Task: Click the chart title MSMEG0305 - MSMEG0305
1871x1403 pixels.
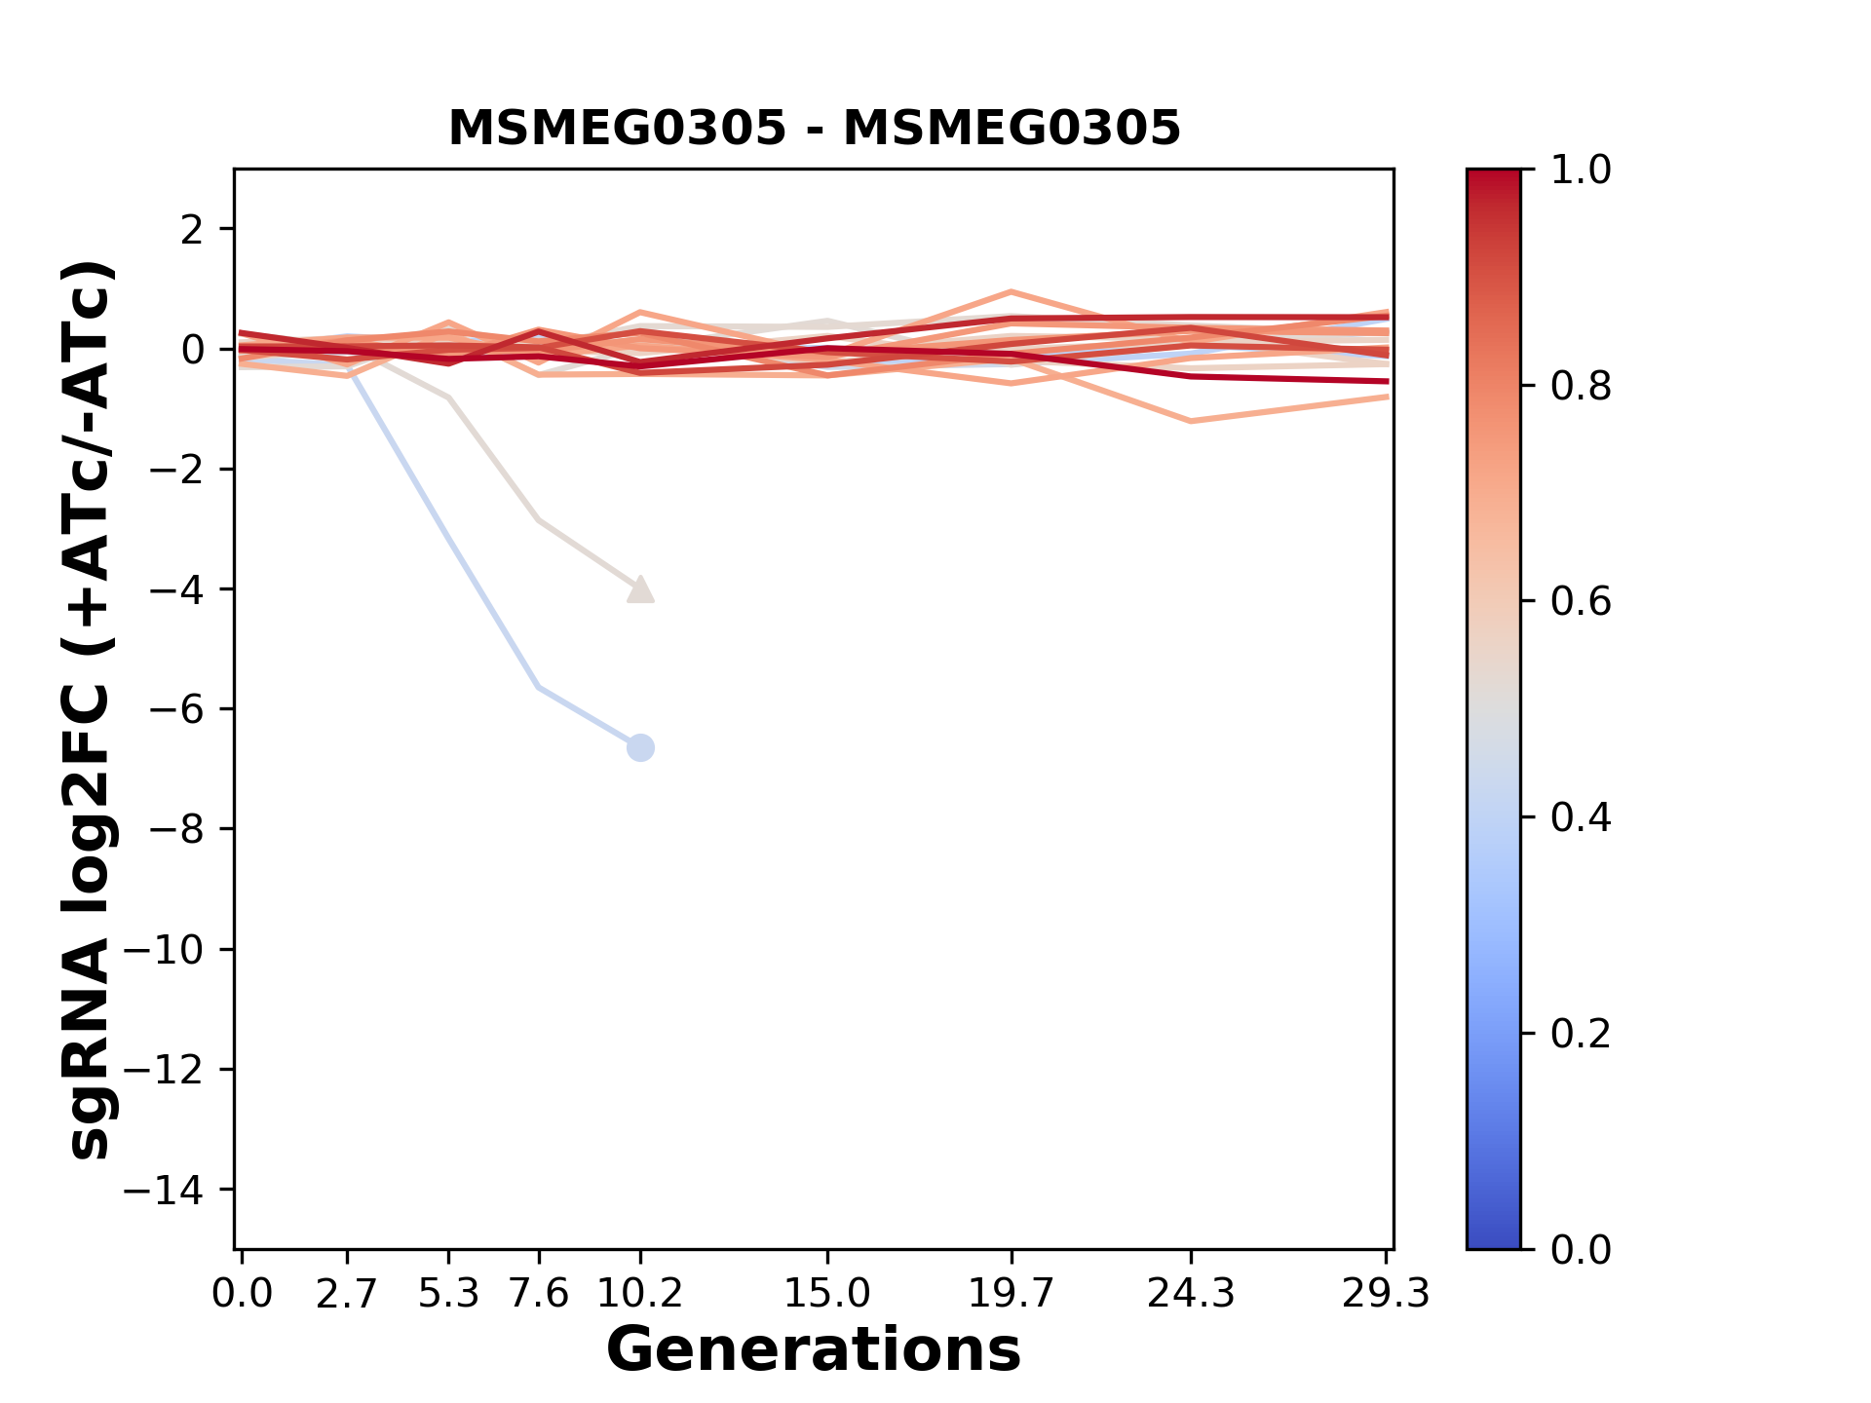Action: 814,129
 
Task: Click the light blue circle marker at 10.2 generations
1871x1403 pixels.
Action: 640,748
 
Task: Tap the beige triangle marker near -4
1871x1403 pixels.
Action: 640,589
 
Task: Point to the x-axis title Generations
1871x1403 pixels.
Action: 814,1350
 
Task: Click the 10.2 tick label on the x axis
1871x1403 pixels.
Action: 639,1294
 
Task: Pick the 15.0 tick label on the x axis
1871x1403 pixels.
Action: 827,1294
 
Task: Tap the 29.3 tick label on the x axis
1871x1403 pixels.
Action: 1386,1294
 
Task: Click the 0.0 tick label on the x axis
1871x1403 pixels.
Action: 243,1294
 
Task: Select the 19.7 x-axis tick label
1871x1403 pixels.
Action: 1012,1294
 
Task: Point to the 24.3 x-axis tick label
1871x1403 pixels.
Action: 1191,1294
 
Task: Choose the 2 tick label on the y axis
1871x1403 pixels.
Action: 193,230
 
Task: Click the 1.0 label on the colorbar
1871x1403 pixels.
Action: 1581,171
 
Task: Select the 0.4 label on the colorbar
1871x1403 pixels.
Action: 1581,817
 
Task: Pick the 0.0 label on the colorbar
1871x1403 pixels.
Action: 1581,1249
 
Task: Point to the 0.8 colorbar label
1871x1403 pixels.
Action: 1581,387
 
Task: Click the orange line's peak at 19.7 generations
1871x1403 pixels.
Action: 1012,292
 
